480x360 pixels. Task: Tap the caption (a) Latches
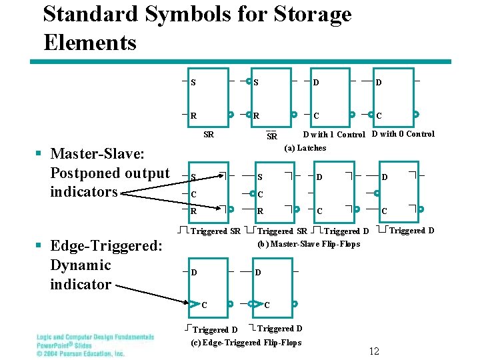305,148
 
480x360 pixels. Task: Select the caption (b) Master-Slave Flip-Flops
308,244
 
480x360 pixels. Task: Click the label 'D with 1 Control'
334,135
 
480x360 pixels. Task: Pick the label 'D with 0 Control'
403,135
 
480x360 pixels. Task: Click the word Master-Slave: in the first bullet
97,154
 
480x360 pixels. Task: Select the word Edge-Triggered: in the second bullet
106,246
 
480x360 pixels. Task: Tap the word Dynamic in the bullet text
81,265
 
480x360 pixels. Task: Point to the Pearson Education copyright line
81,353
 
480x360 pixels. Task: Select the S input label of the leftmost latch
193,83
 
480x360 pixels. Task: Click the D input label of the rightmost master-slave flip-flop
383,177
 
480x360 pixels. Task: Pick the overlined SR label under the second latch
271,136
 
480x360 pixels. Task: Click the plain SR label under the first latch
209,135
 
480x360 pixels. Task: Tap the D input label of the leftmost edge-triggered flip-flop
194,273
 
